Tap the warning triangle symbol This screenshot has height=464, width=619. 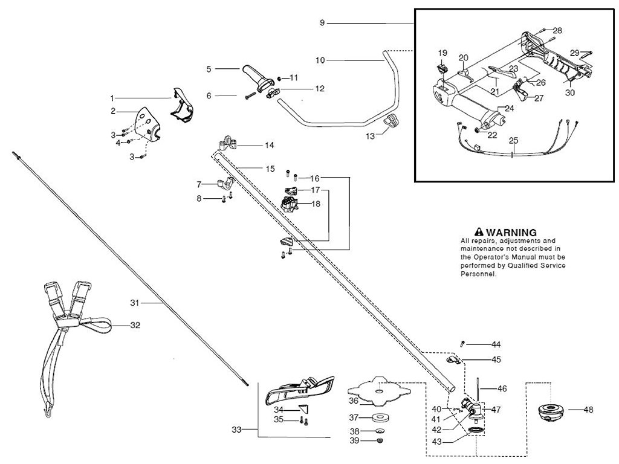click(479, 232)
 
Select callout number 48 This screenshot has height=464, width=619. click(588, 410)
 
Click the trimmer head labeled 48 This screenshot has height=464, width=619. click(550, 411)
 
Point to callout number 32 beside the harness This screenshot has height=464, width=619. click(135, 325)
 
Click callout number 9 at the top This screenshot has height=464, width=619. click(323, 22)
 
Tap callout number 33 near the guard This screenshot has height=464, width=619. click(236, 430)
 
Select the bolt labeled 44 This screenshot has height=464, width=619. click(462, 344)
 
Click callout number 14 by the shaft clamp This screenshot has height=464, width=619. click(270, 146)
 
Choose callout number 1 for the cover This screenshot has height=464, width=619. click(112, 98)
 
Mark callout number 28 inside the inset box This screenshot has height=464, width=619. click(557, 30)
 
